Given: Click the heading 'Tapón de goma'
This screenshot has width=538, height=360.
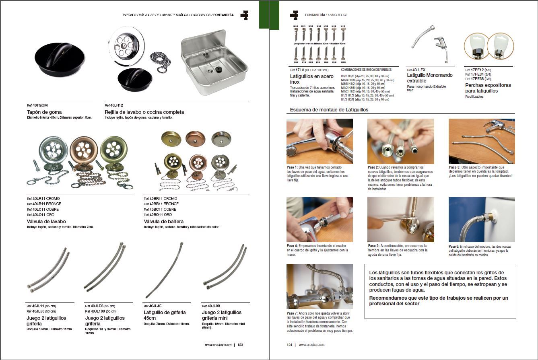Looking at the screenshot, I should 44,112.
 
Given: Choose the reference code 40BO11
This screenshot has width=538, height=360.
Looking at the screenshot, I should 156,215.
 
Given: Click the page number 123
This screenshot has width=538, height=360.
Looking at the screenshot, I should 240,345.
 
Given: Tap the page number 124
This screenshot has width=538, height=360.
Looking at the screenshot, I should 289,345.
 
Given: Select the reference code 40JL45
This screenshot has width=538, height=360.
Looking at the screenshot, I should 155,306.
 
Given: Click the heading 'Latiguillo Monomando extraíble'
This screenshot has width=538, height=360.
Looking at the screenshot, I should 429,78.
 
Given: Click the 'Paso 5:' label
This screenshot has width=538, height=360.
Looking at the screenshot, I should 374,246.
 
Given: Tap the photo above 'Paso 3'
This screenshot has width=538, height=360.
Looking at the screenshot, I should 482,141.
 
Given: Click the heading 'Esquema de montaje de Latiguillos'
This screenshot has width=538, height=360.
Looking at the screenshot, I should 329,109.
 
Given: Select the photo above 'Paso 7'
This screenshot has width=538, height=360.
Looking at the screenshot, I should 320,286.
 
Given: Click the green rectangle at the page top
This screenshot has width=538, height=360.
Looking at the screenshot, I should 264,14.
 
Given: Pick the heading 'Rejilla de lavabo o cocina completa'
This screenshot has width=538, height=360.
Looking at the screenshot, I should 144,112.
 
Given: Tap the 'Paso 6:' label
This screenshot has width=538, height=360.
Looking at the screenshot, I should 455,246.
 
